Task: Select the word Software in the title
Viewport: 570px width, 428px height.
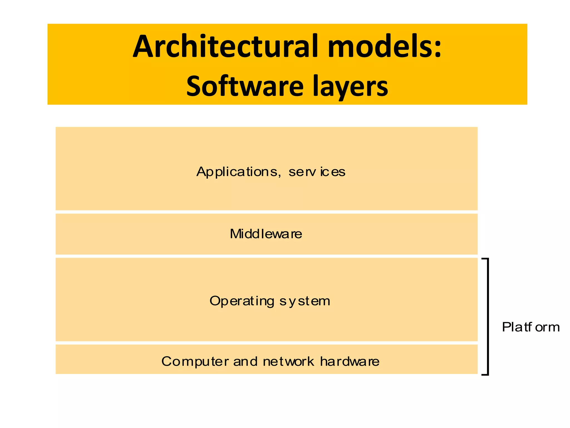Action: (x=245, y=86)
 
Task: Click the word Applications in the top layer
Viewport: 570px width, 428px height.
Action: (x=237, y=172)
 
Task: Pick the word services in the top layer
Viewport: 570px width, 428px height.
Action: (x=317, y=172)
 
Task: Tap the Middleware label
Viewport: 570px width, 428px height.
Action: (x=266, y=234)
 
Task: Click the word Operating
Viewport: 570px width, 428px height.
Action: (x=242, y=301)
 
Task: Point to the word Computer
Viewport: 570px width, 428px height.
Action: (x=195, y=362)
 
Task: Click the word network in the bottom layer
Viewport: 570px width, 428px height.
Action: (x=288, y=362)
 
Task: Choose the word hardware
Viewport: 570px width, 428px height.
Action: (x=350, y=361)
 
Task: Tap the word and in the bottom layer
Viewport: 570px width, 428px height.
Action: (x=245, y=362)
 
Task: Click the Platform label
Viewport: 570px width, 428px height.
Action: (x=530, y=327)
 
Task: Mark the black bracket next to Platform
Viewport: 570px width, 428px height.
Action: (x=487, y=317)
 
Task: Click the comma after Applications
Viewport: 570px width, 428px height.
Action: (x=279, y=176)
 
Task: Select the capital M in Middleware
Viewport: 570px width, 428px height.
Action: (x=235, y=234)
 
